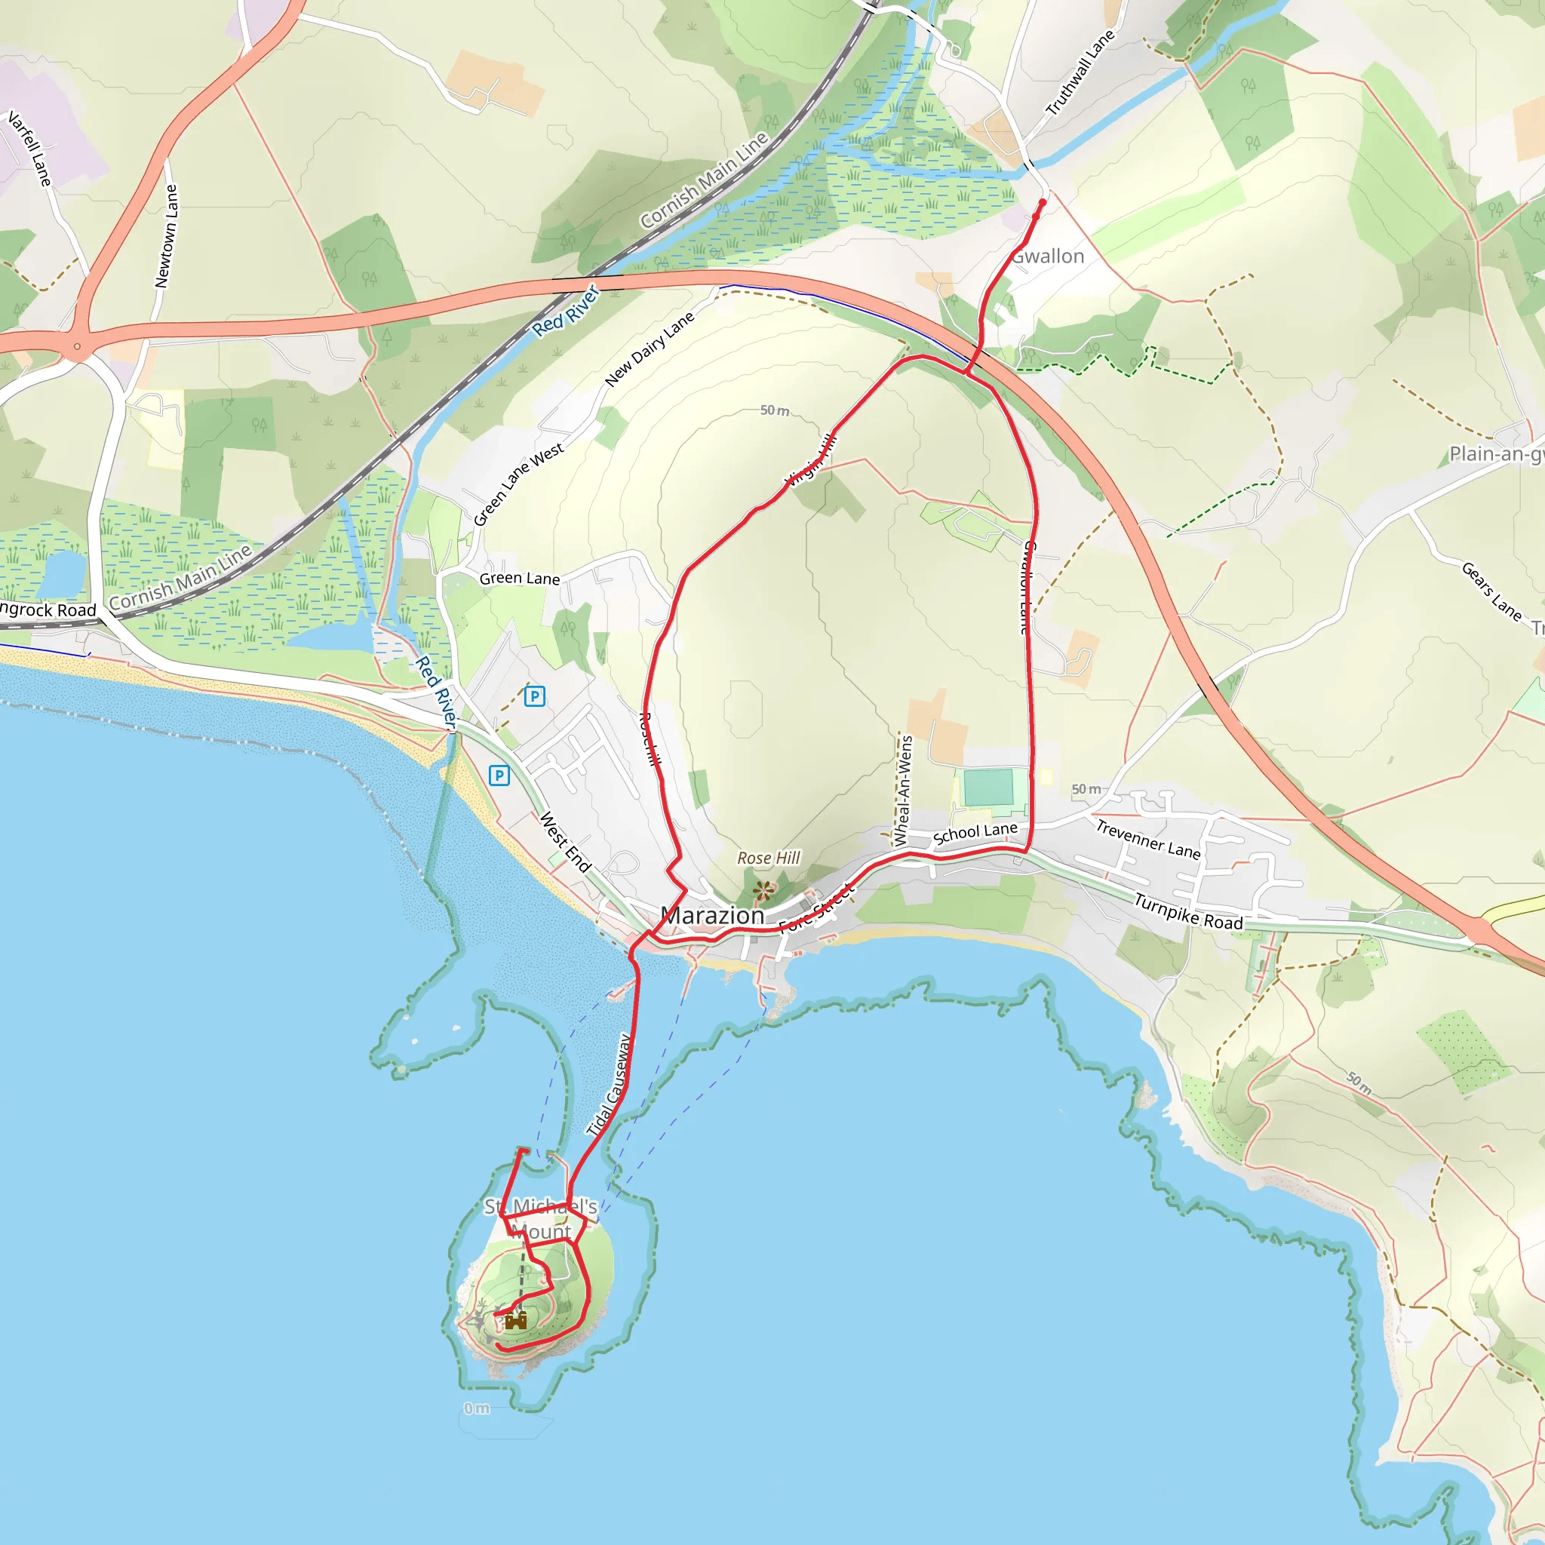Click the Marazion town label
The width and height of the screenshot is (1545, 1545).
pyautogui.click(x=712, y=916)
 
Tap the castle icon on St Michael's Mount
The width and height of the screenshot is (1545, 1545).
pyautogui.click(x=516, y=1320)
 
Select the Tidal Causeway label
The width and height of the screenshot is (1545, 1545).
pyautogui.click(x=610, y=1085)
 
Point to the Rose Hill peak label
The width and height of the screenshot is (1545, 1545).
pyautogui.click(x=769, y=858)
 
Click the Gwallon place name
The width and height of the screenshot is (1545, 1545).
pyautogui.click(x=1048, y=256)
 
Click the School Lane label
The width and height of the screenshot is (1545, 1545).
pyautogui.click(x=975, y=834)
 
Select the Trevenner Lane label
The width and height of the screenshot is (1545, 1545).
pyautogui.click(x=1147, y=840)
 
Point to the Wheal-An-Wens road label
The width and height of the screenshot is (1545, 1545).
pyautogui.click(x=903, y=791)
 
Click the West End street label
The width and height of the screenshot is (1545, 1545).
pyautogui.click(x=564, y=842)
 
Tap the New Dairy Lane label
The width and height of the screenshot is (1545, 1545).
pyautogui.click(x=650, y=349)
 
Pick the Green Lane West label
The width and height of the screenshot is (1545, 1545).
pyautogui.click(x=518, y=484)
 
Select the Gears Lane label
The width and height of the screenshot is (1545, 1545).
pyautogui.click(x=1491, y=591)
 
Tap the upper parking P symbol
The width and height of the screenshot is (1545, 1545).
pyautogui.click(x=534, y=696)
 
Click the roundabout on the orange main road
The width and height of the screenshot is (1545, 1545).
pyautogui.click(x=77, y=347)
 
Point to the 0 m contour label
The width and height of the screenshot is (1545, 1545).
pyautogui.click(x=477, y=1408)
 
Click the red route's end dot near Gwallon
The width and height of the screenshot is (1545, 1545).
pyautogui.click(x=1041, y=203)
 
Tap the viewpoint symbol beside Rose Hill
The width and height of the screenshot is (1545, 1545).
pyautogui.click(x=763, y=889)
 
